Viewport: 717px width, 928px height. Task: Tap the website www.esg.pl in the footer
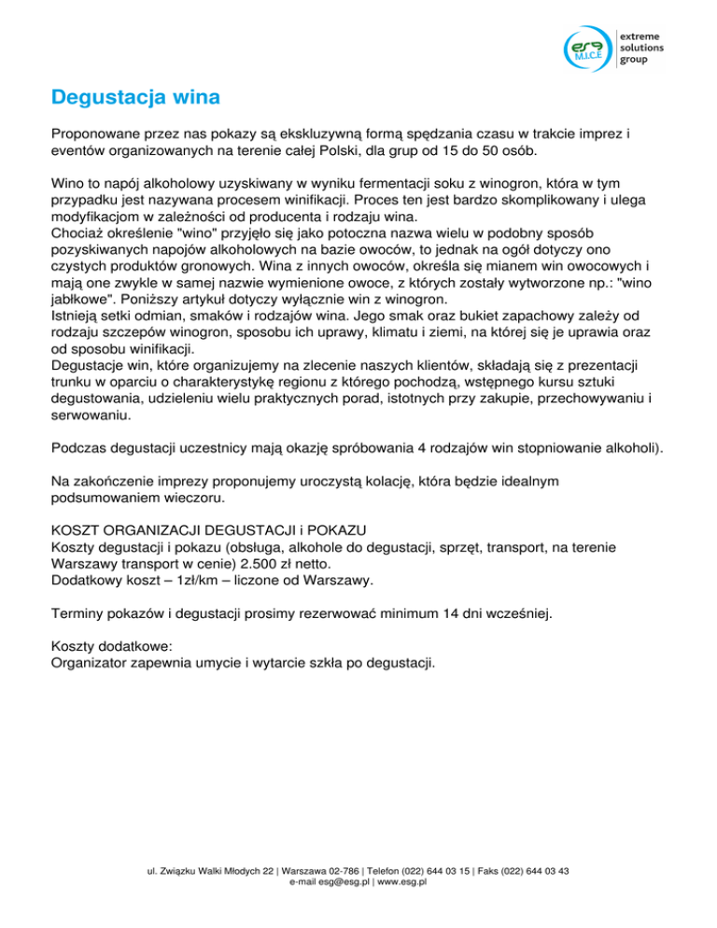pyautogui.click(x=401, y=881)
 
